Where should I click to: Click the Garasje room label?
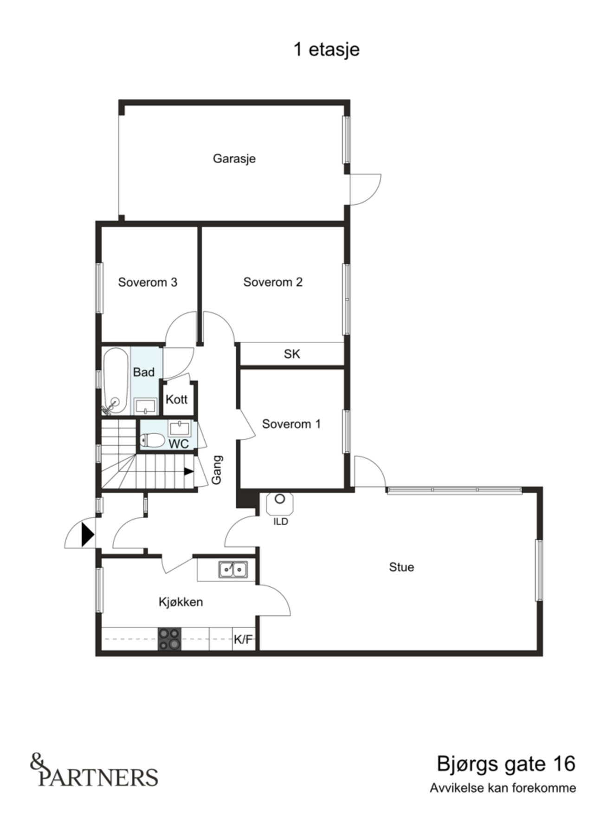tap(234, 159)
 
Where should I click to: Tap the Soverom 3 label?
tap(148, 282)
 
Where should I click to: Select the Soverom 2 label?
tap(273, 282)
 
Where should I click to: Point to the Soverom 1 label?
tap(291, 424)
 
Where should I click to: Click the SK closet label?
tap(292, 354)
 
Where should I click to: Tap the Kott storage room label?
tap(176, 399)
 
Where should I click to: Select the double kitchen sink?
tap(233, 569)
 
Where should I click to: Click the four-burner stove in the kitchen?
tap(169, 639)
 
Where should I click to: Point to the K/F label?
tap(243, 640)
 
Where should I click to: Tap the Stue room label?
tap(401, 567)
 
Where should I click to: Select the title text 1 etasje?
tap(326, 49)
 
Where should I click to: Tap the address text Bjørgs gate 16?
tap(506, 764)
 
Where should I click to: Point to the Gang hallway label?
tap(217, 469)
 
